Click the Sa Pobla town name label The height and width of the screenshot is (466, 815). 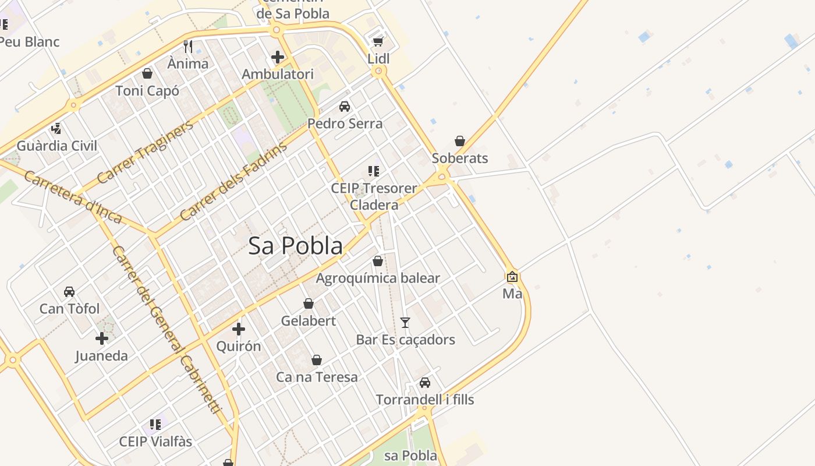pyautogui.click(x=295, y=246)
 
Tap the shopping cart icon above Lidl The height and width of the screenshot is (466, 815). pyautogui.click(x=378, y=41)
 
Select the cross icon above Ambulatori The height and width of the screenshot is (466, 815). pyautogui.click(x=278, y=57)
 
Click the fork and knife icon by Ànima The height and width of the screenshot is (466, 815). pyautogui.click(x=188, y=46)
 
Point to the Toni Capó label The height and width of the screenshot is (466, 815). pyautogui.click(x=147, y=91)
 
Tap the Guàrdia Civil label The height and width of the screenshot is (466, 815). pyautogui.click(x=57, y=146)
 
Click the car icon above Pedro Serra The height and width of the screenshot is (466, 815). pyautogui.click(x=345, y=106)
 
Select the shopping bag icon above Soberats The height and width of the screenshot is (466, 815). pyautogui.click(x=460, y=141)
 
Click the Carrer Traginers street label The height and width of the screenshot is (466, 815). pyautogui.click(x=145, y=153)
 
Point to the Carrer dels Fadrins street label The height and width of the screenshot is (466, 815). pyautogui.click(x=233, y=182)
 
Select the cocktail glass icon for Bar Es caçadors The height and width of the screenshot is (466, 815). pyautogui.click(x=405, y=322)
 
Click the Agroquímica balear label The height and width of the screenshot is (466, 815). pyautogui.click(x=378, y=278)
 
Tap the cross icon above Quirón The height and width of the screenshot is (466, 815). pyautogui.click(x=238, y=329)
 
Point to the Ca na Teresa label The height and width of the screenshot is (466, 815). pyautogui.click(x=317, y=377)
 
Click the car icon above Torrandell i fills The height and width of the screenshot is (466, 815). pyautogui.click(x=425, y=383)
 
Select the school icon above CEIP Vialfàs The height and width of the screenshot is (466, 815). pyautogui.click(x=155, y=424)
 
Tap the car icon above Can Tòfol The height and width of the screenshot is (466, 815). pyautogui.click(x=69, y=291)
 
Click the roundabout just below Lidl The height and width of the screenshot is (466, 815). pyautogui.click(x=379, y=71)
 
